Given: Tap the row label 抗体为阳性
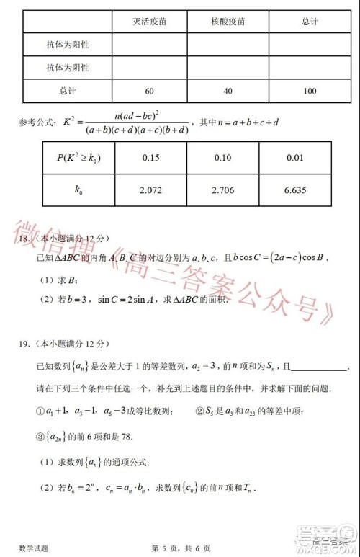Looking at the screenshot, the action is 68,45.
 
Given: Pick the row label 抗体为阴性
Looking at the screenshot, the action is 68,68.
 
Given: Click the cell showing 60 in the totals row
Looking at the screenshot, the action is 149,92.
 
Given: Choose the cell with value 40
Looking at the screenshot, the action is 225,92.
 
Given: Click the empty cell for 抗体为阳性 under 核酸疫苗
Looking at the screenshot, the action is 225,45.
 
